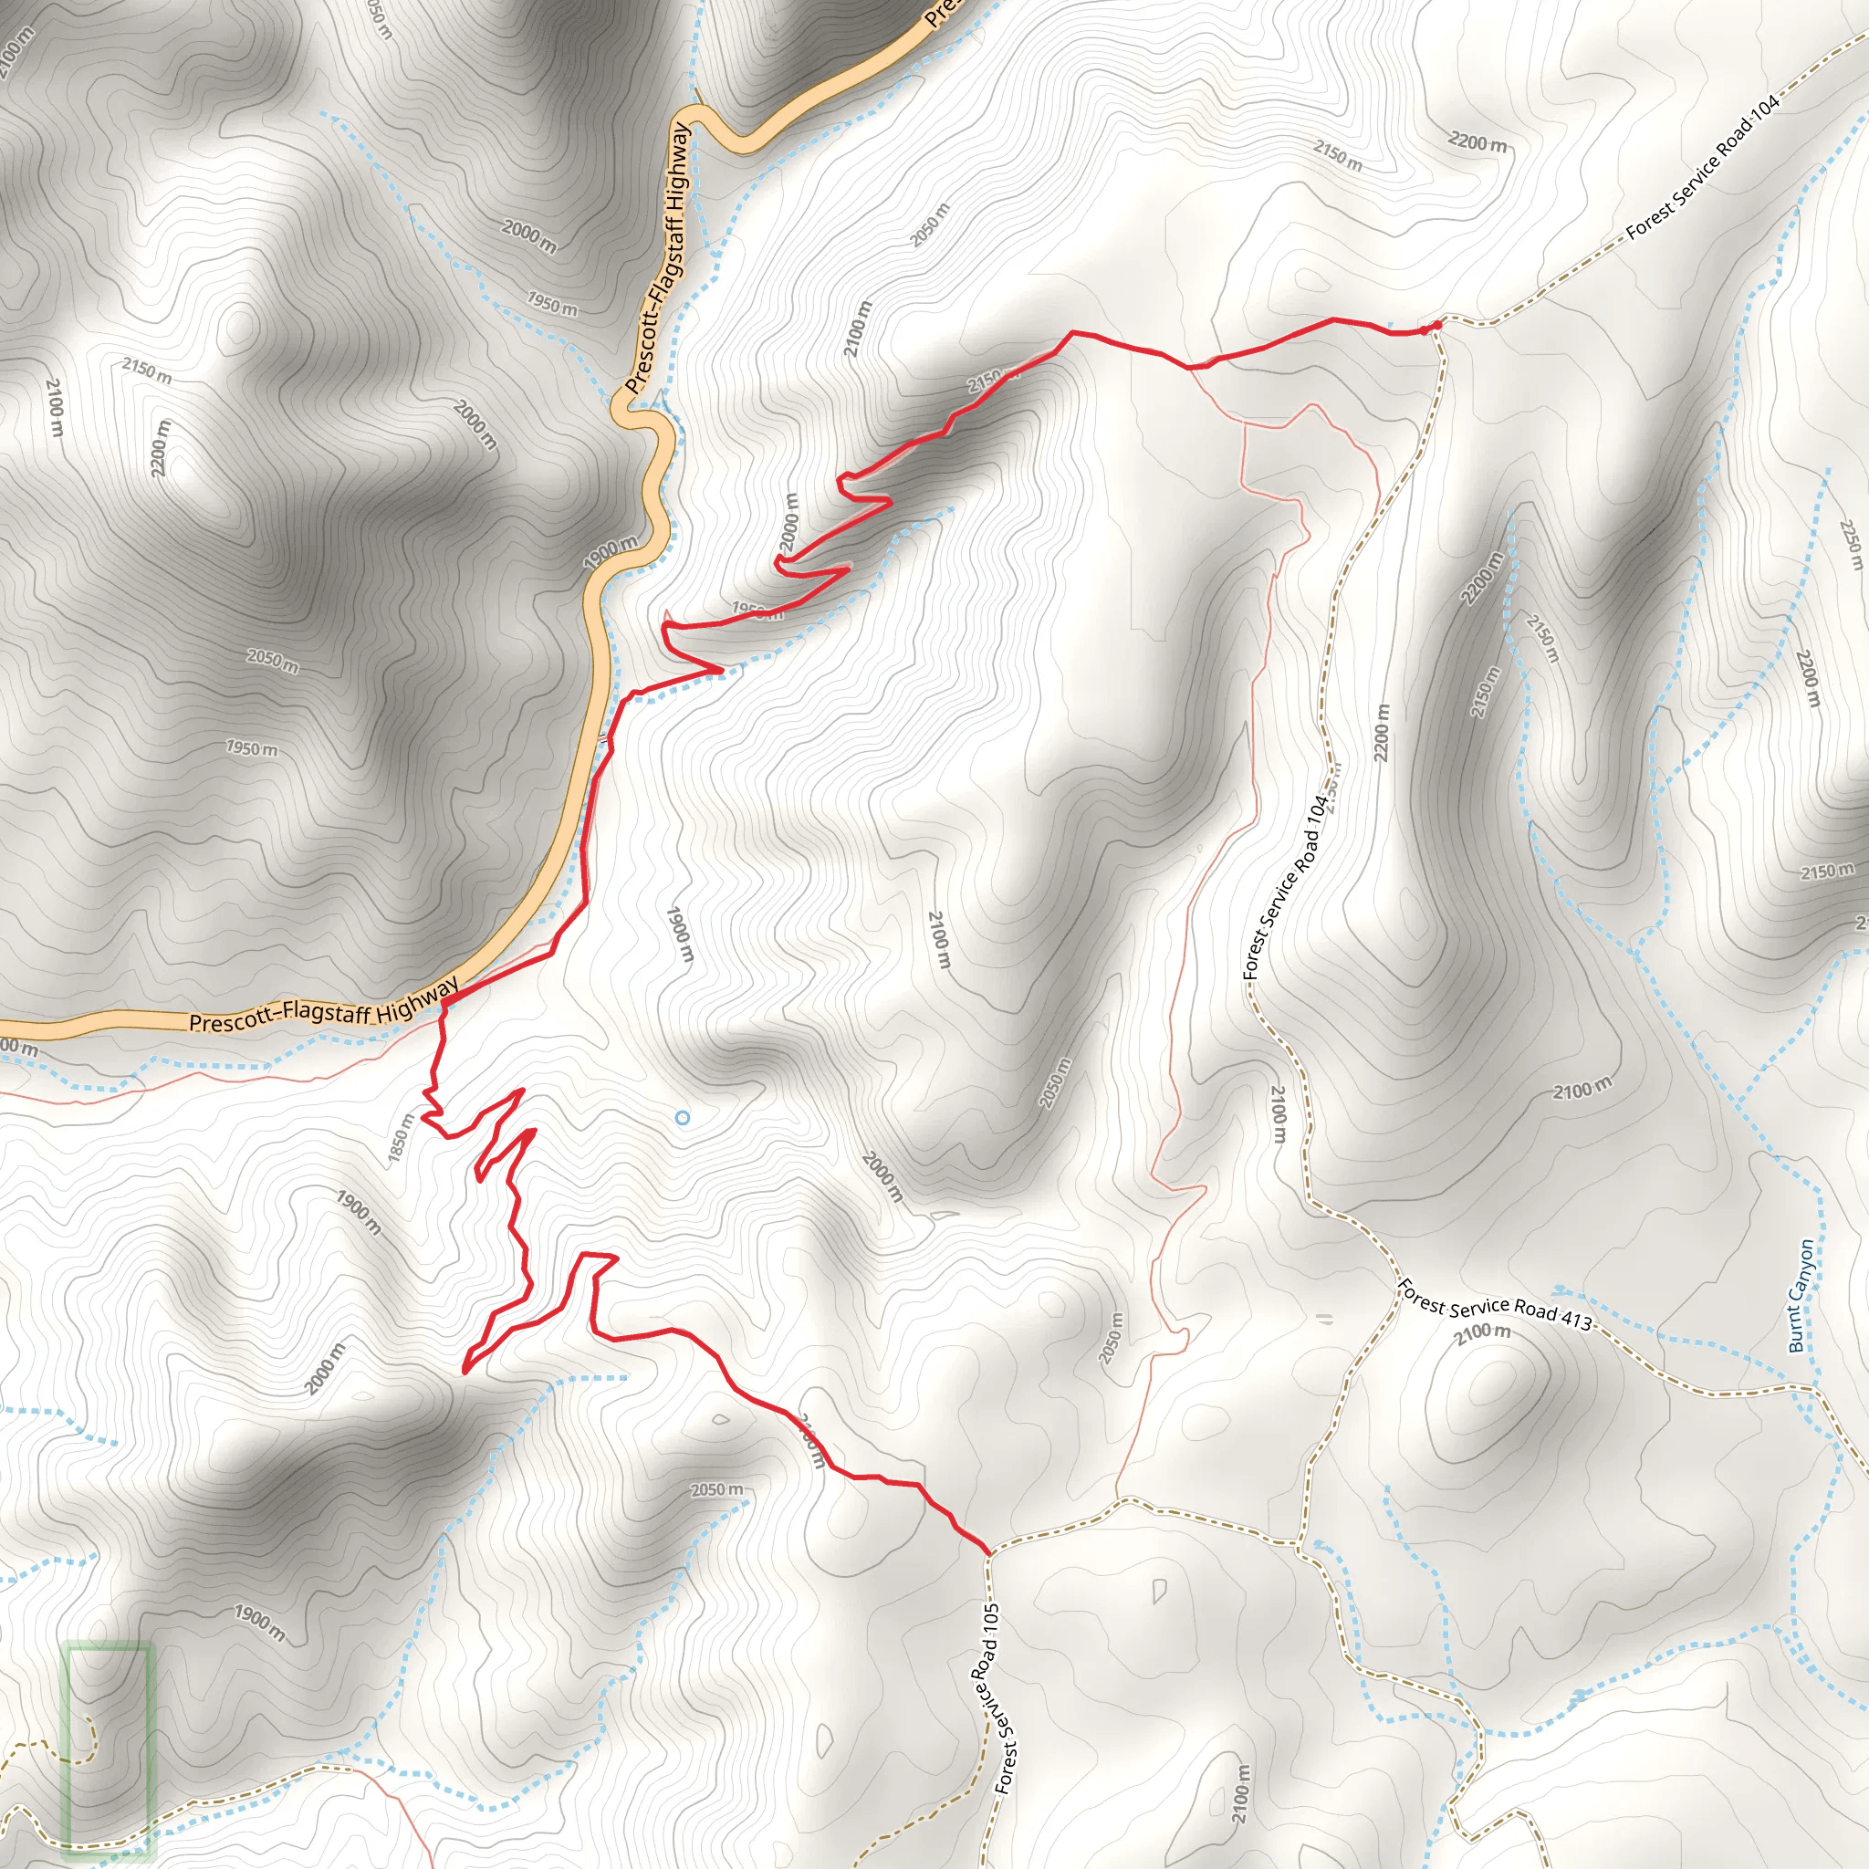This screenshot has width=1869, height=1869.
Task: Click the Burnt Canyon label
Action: click(x=1802, y=1295)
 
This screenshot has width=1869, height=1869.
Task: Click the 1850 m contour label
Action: click(x=401, y=1140)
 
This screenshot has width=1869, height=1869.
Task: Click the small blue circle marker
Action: click(x=682, y=1118)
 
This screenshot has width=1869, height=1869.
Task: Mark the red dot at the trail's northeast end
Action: click(x=1436, y=325)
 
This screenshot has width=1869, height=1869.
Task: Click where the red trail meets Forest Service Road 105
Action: click(x=987, y=1552)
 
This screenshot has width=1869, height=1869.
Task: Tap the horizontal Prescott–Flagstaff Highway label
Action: click(x=323, y=1006)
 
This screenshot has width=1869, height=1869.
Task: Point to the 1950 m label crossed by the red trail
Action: click(x=757, y=611)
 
